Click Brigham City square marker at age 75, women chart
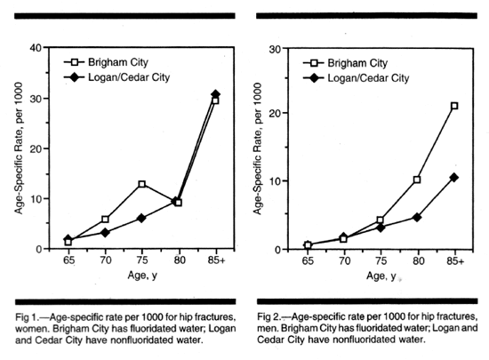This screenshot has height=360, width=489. [x=142, y=184]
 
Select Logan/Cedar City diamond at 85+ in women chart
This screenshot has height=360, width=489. [x=215, y=94]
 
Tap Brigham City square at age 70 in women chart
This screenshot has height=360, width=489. [x=105, y=220]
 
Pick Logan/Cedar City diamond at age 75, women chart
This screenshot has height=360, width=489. [x=141, y=218]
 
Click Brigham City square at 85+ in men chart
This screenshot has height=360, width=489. [x=454, y=106]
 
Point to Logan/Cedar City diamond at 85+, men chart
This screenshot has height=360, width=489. [x=454, y=178]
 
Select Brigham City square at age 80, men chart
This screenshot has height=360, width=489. [x=417, y=180]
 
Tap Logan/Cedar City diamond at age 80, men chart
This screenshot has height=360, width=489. [x=417, y=218]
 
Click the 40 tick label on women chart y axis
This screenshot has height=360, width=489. [x=36, y=48]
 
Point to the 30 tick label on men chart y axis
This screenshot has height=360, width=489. [x=275, y=49]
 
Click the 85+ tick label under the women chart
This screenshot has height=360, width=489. [x=216, y=260]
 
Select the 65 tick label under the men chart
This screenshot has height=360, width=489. [x=308, y=260]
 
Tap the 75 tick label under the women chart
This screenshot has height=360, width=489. [x=142, y=260]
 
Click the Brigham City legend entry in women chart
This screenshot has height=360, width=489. [x=106, y=62]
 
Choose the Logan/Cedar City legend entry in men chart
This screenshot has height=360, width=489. [x=357, y=78]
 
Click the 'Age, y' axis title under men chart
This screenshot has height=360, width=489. [x=381, y=276]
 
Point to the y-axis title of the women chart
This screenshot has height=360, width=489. [x=19, y=148]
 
